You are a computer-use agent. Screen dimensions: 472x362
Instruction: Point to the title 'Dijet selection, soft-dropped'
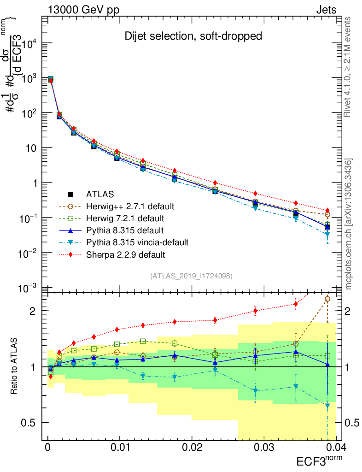(x=193, y=36)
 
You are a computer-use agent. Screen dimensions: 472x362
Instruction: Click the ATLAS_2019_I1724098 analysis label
(x=191, y=276)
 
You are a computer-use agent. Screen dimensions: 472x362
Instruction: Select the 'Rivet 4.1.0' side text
(x=349, y=67)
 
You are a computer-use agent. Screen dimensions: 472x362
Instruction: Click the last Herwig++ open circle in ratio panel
(x=327, y=299)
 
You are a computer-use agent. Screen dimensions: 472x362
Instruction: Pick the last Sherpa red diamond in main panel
(x=327, y=210)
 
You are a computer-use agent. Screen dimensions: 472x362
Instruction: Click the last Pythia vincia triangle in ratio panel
(x=327, y=406)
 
